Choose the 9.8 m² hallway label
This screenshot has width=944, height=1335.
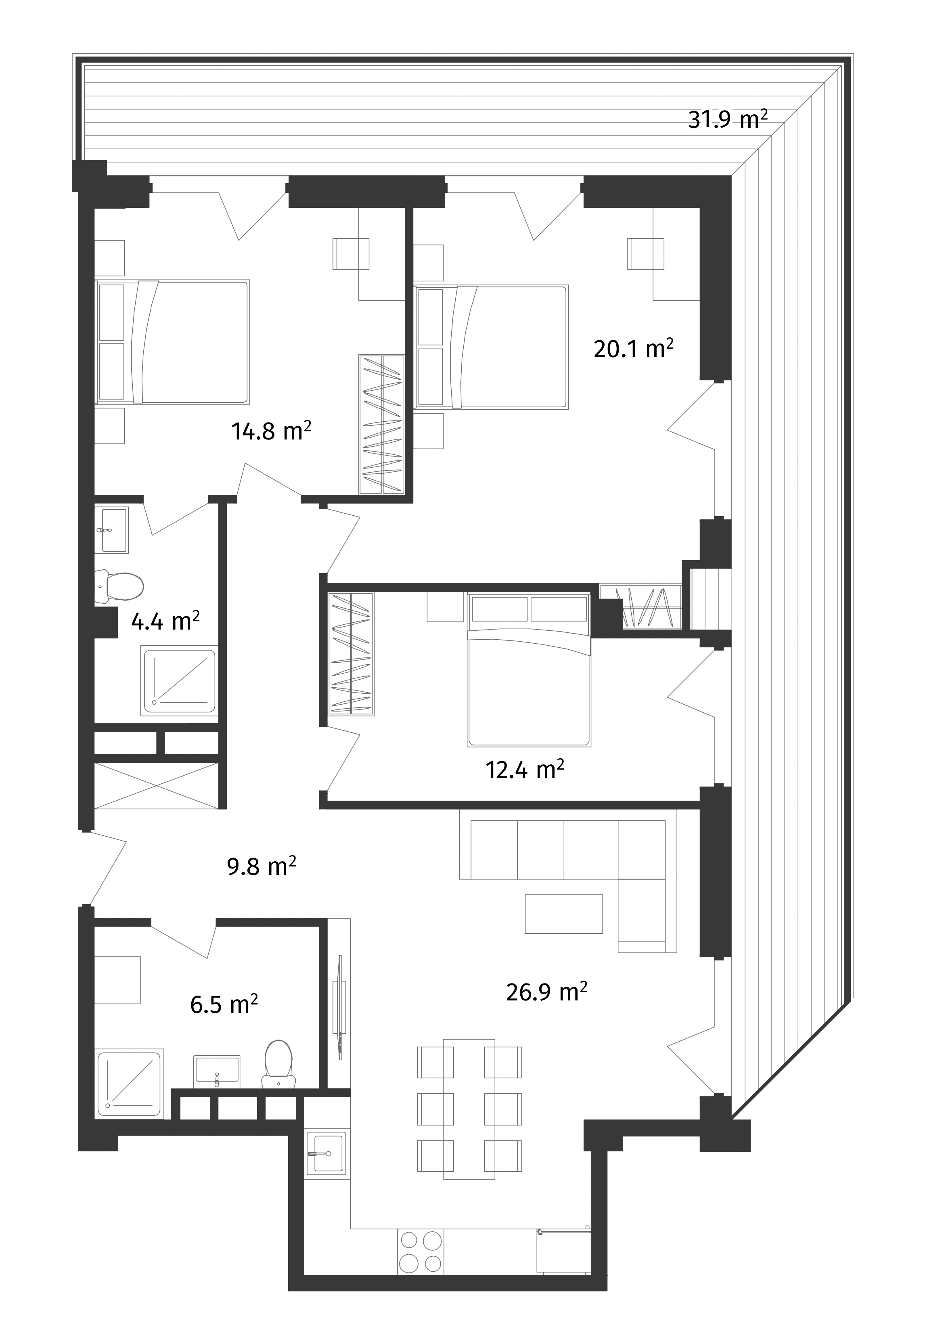click(x=261, y=868)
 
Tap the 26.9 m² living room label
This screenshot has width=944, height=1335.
click(x=547, y=992)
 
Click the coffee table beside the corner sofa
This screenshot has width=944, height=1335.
click(x=563, y=914)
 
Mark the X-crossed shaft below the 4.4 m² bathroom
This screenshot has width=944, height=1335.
click(x=157, y=785)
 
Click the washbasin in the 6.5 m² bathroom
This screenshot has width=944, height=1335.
click(x=216, y=1071)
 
